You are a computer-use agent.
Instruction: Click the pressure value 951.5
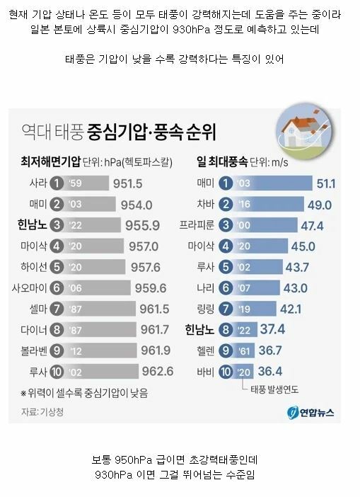[127, 183]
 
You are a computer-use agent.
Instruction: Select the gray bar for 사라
[86, 183]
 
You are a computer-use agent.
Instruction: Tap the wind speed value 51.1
[326, 183]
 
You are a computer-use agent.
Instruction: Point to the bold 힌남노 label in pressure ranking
[32, 224]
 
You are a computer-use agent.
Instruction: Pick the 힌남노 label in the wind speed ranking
[199, 330]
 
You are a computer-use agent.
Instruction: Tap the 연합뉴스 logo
[310, 412]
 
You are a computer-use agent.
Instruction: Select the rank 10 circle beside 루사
[57, 372]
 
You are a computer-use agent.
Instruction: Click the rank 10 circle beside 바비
[226, 372]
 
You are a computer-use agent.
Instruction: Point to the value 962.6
[158, 372]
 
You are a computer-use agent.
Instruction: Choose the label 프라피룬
[197, 225]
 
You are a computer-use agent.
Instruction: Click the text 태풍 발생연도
[274, 389]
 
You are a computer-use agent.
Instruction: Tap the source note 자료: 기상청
[42, 412]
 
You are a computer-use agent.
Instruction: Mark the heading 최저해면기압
[51, 161]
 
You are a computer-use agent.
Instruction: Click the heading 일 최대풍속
[222, 161]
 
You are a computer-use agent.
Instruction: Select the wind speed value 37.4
[272, 330]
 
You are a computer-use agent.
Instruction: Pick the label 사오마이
[29, 288]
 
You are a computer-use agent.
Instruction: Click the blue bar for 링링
[254, 309]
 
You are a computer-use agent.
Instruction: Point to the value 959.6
[151, 288]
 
